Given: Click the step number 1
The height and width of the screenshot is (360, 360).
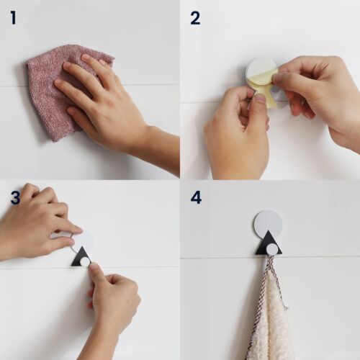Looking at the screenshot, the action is (x=14, y=18).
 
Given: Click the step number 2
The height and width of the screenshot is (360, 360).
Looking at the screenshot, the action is (x=195, y=18).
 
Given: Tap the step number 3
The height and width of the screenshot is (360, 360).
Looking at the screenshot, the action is (x=15, y=198).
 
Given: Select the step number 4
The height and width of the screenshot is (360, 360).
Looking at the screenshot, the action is (x=196, y=198).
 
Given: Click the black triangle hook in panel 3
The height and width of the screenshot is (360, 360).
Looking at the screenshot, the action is (x=81, y=257).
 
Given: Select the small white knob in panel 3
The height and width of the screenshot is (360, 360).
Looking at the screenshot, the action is (x=85, y=262).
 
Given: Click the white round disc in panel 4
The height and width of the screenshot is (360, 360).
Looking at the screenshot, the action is (x=269, y=222).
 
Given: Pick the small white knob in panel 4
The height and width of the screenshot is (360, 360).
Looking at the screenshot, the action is (x=272, y=251).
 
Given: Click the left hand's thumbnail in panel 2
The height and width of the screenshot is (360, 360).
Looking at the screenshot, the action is (x=260, y=98).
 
